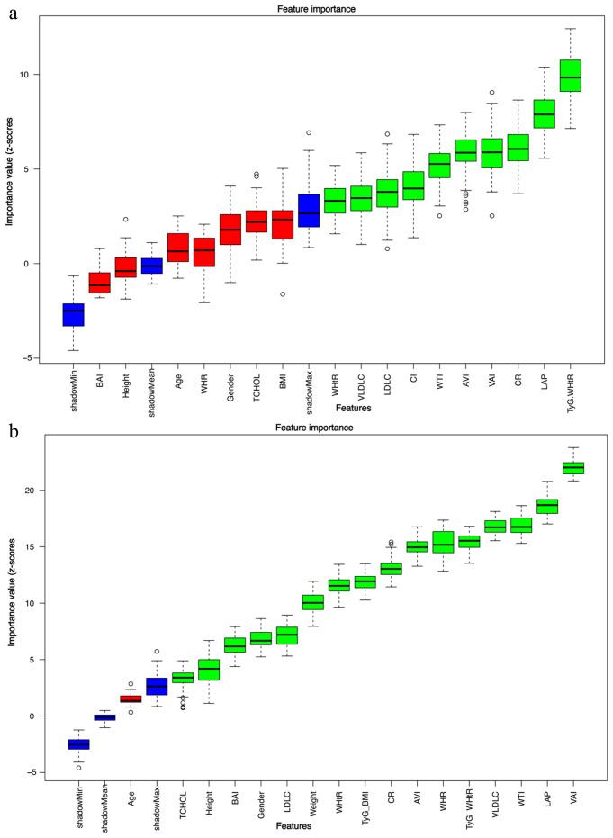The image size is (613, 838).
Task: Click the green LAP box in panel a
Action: tap(544, 113)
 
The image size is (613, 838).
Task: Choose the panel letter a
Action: tap(14, 15)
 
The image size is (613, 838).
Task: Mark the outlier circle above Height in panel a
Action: tap(125, 219)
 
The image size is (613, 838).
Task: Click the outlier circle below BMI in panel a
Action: tap(282, 294)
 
